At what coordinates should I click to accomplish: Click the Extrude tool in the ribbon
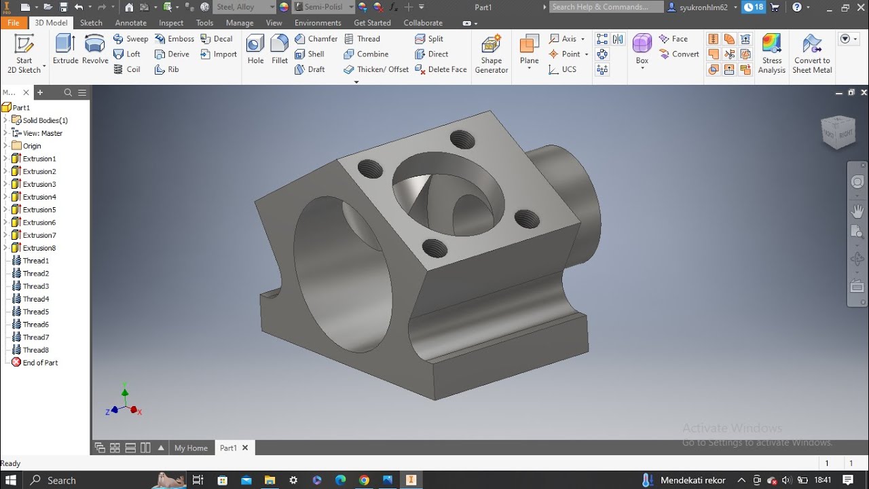click(66, 50)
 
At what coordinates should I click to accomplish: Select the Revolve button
click(95, 50)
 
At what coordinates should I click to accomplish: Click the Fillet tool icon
click(280, 50)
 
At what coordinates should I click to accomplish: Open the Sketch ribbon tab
click(91, 22)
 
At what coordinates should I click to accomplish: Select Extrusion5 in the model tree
click(39, 210)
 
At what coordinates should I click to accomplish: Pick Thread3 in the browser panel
click(36, 287)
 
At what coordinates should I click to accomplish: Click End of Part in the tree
click(40, 363)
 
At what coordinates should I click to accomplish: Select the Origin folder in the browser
click(32, 146)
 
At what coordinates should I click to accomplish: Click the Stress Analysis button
click(771, 53)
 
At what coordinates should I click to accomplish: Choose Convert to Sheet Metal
click(812, 53)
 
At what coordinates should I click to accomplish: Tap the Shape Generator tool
click(492, 53)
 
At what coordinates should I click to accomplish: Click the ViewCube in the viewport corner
click(838, 131)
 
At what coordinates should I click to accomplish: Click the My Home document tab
click(191, 448)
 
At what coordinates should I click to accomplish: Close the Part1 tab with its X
click(245, 448)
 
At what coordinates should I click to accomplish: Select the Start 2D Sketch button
click(24, 53)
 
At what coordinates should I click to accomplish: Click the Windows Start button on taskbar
click(11, 480)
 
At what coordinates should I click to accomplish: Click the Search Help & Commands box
click(606, 7)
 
